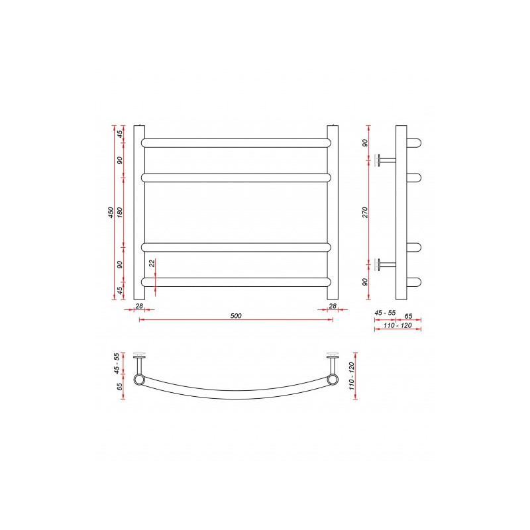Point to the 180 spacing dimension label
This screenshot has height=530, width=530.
[120, 213]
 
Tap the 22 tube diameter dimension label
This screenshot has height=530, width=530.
[152, 264]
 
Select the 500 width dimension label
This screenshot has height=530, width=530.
[237, 315]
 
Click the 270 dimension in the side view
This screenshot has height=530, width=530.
[365, 213]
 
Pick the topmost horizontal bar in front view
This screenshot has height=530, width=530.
[236, 142]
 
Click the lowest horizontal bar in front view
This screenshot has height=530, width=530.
[236, 282]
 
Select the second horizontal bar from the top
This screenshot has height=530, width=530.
[236, 177]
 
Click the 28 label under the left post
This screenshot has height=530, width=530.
[139, 306]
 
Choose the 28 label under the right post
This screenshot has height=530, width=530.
[333, 306]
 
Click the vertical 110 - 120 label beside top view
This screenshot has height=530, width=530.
[352, 375]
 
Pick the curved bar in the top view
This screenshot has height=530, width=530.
[236, 396]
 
